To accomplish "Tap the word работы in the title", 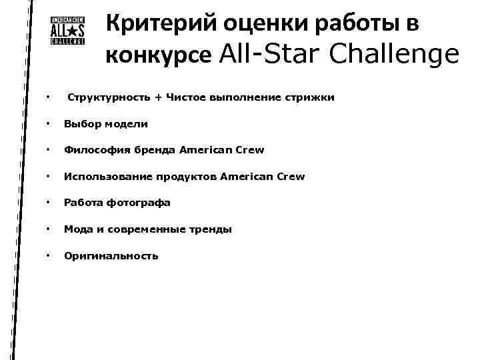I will click(x=352, y=25).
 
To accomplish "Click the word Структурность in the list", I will click(x=109, y=98).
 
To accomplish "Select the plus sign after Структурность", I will click(x=158, y=98).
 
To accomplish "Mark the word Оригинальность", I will click(x=111, y=255).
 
